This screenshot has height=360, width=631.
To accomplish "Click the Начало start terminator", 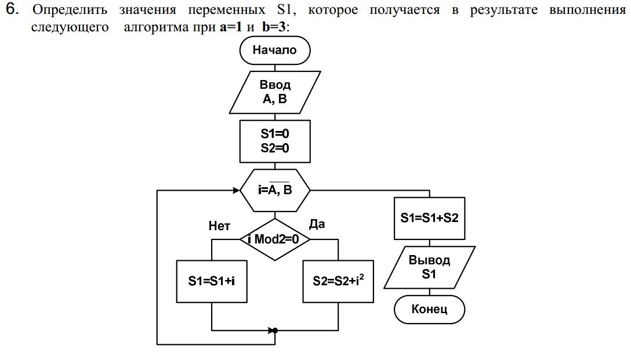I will click(x=275, y=50).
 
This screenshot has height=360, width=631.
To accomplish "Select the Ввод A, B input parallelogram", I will click(x=275, y=92).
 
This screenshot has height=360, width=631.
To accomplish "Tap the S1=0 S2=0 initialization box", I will click(x=275, y=141).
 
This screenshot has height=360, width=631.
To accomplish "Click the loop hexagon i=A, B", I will click(x=275, y=190).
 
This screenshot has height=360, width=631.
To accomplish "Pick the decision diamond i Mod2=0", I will click(x=275, y=238).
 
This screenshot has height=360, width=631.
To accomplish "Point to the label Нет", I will click(x=219, y=226).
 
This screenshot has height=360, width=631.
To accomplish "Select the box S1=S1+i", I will click(x=211, y=281).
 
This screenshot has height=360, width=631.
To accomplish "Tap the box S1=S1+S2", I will click(x=430, y=219).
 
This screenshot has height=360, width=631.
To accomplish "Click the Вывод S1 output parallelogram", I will click(x=430, y=267).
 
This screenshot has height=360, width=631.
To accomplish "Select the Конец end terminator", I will click(x=430, y=309).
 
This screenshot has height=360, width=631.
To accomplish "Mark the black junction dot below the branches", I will click(x=275, y=330).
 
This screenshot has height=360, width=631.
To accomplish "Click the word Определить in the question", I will click(x=70, y=11).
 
